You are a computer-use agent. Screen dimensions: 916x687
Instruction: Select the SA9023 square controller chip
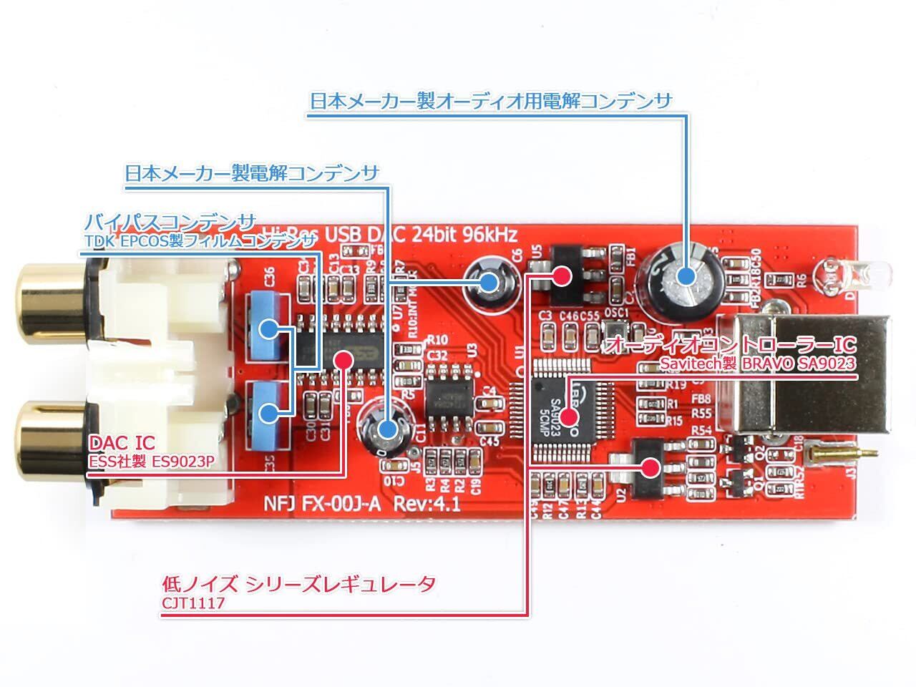570,408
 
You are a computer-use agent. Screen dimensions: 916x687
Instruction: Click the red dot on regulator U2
650,468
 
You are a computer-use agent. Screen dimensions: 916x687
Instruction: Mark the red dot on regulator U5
562,275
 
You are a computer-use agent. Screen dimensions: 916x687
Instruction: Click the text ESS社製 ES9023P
150,462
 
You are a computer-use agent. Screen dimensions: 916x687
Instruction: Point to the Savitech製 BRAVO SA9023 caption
757,364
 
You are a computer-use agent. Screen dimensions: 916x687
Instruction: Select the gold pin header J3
837,452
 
